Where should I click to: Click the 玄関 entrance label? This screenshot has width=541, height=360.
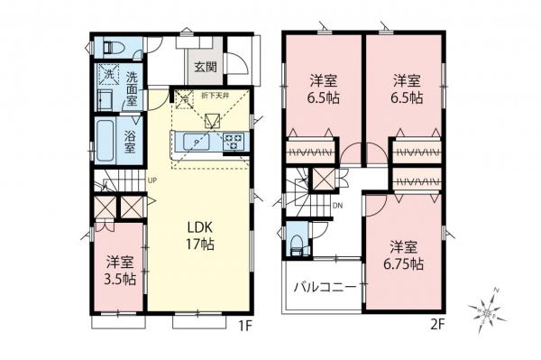click(205, 66)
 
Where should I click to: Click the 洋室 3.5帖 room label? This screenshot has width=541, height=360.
click(120, 272)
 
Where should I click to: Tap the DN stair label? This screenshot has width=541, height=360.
click(336, 204)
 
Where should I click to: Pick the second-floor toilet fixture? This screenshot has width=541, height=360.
click(298, 243)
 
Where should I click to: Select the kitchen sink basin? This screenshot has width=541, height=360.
click(195, 141)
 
